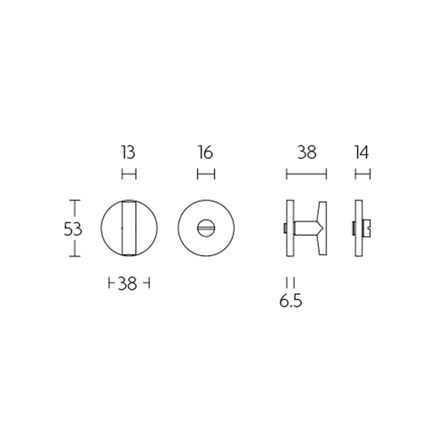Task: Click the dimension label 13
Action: [128, 153]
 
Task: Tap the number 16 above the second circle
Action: [206, 153]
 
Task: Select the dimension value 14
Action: [362, 153]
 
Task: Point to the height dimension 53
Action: [73, 229]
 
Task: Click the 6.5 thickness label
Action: [291, 301]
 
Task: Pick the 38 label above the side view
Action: [307, 153]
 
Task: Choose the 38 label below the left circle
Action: [128, 284]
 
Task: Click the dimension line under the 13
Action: [129, 174]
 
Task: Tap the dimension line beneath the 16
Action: [206, 174]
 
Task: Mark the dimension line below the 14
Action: [363, 174]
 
